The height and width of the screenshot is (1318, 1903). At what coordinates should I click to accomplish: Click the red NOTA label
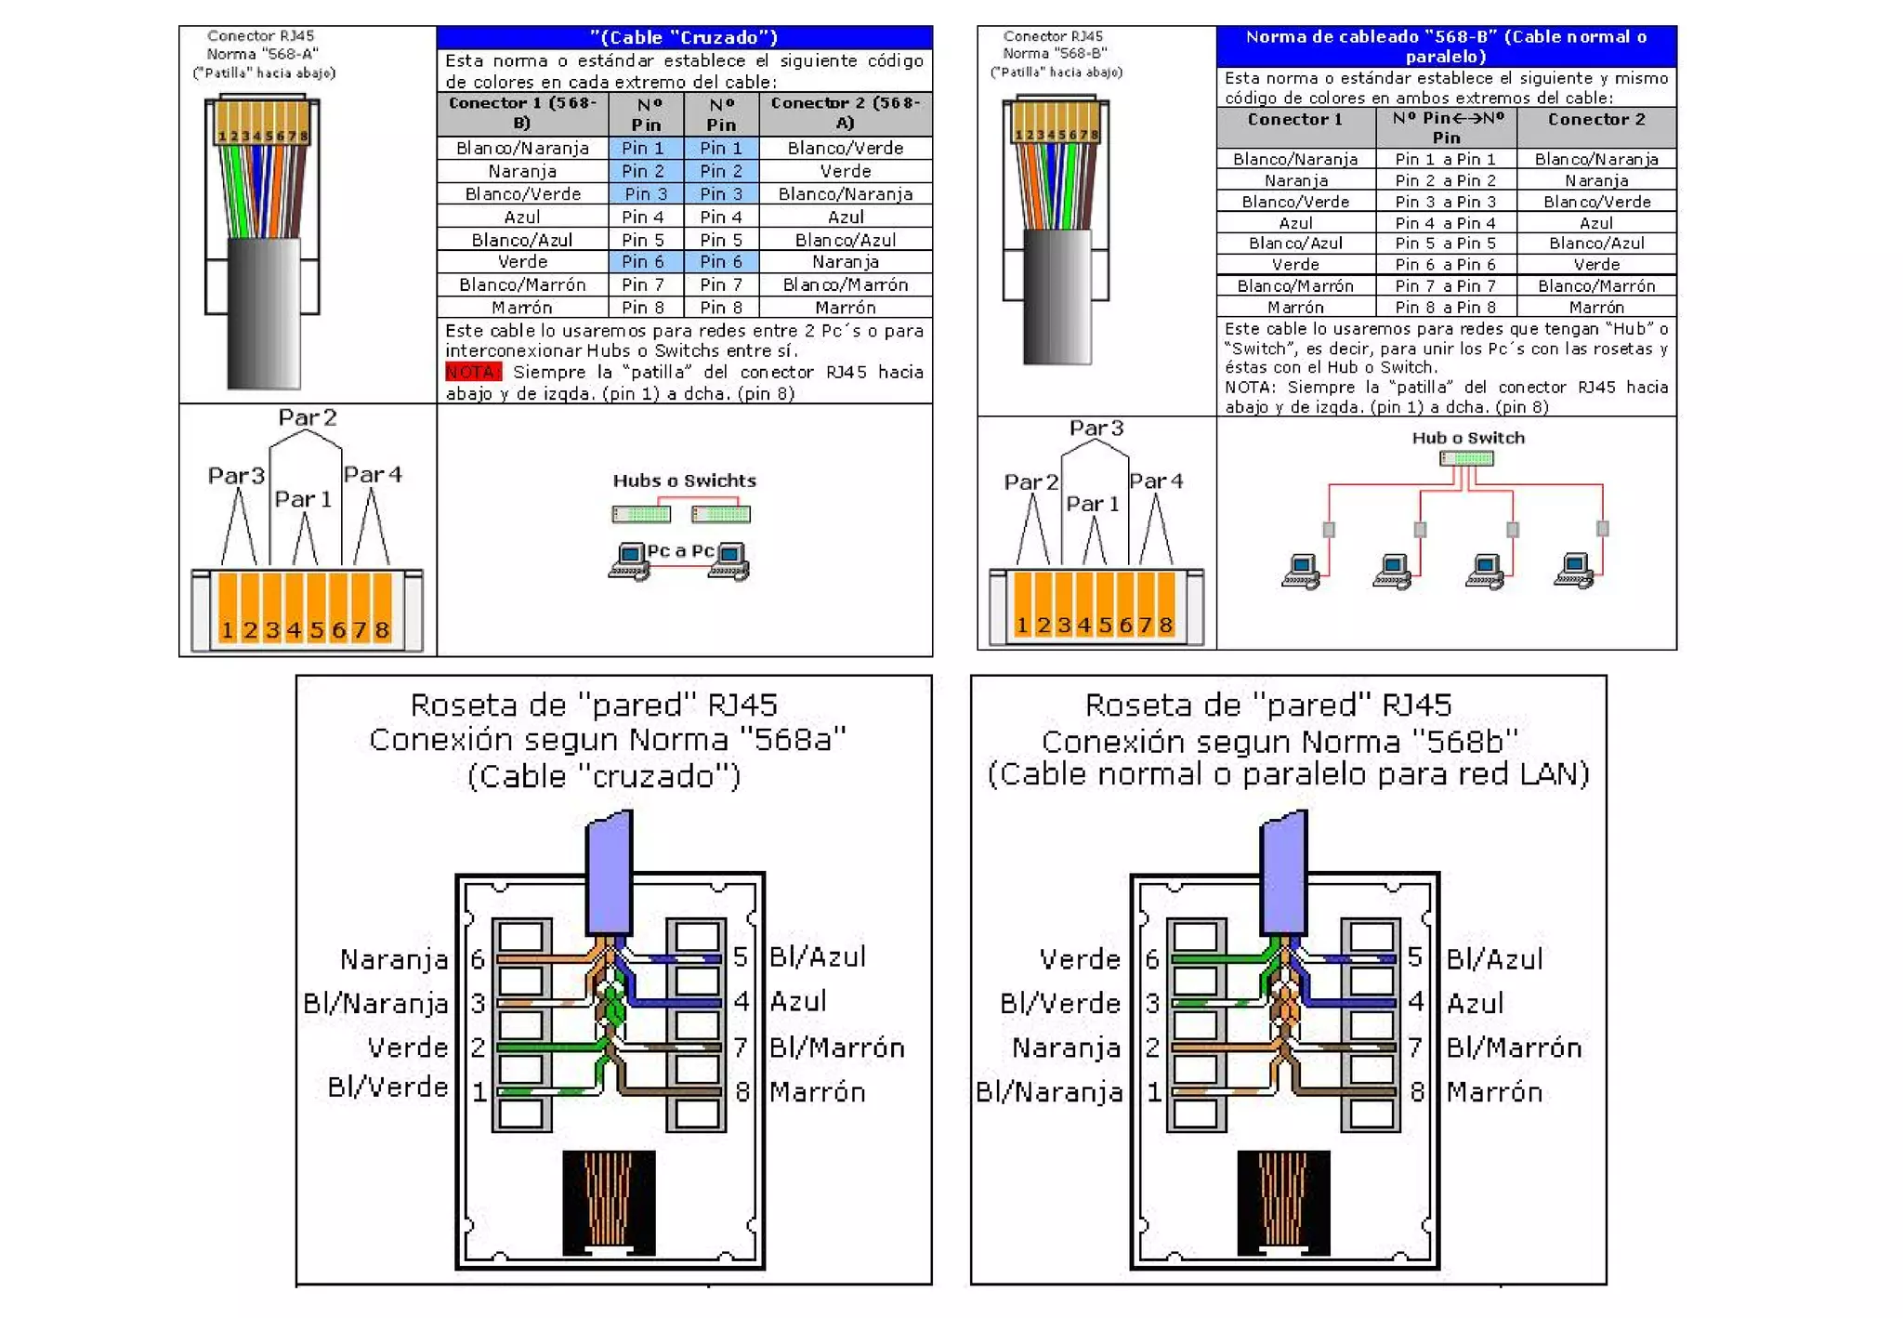point(472,372)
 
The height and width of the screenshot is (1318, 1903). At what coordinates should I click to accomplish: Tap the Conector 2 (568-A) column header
point(845,113)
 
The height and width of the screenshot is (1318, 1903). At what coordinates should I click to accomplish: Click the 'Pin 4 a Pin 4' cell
point(1445,223)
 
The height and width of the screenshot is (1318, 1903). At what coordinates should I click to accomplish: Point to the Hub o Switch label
point(1467,438)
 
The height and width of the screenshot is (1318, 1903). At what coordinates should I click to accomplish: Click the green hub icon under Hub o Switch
point(1466,458)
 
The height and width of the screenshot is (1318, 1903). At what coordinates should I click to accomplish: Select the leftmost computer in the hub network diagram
point(1300,571)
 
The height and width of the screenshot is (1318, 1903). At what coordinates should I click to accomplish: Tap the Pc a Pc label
point(680,550)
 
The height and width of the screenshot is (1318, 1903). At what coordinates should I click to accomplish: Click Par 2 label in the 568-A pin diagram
point(307,417)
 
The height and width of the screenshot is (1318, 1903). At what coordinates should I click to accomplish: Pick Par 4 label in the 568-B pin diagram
point(1156,481)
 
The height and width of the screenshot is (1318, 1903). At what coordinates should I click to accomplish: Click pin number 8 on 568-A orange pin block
point(382,630)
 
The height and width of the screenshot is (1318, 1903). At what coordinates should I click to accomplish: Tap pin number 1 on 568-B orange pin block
point(1022,625)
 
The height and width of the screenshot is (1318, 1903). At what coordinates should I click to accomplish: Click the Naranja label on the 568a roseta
point(393,958)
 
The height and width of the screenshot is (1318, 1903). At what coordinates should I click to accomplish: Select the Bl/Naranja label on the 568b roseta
point(1049,1091)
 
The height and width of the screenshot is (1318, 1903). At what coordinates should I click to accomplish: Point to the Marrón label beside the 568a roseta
point(817,1091)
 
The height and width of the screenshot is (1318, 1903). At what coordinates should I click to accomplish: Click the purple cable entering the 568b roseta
point(1283,874)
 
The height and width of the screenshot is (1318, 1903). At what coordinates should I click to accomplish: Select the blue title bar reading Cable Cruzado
point(684,37)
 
